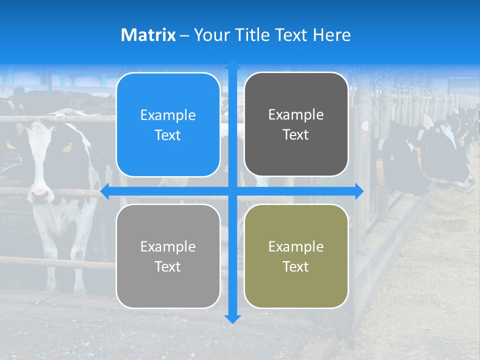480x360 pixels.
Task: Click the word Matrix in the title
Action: coord(148,35)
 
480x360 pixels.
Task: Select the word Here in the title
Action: coord(331,35)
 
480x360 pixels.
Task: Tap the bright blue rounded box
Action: coord(168,124)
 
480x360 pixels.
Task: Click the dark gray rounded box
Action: coord(296,124)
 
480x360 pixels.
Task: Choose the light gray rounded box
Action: coord(168,256)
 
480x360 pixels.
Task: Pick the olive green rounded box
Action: coord(296,256)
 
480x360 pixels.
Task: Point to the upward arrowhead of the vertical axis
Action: coord(232,65)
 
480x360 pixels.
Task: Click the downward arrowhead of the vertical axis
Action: coord(232,318)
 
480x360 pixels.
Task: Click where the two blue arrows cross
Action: coord(232,191)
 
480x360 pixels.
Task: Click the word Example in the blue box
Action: coord(168,115)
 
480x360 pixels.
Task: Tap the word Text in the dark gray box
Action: coord(296,135)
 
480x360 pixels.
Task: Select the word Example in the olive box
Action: coord(296,246)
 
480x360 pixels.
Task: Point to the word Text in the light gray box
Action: coord(168,266)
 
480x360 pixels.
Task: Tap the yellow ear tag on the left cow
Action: coord(67,147)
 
